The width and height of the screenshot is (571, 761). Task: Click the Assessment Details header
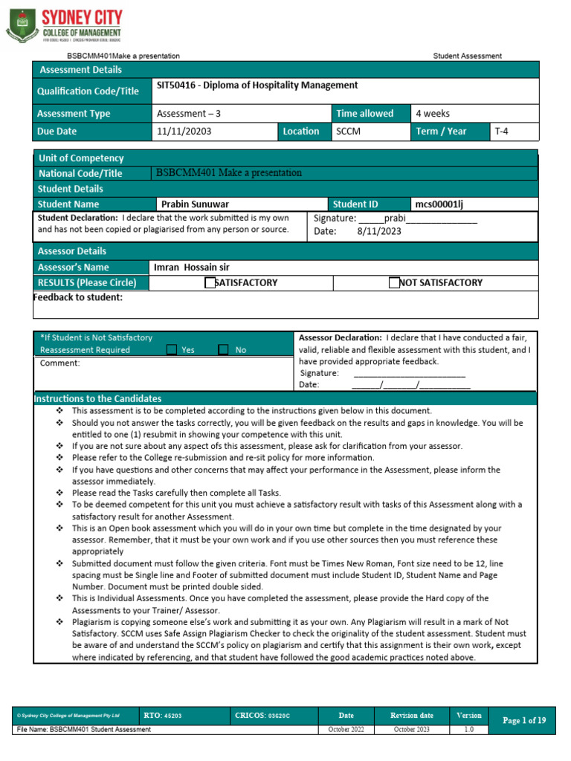click(80, 70)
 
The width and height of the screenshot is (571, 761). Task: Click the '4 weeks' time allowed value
click(432, 114)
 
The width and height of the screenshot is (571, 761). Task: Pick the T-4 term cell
click(502, 132)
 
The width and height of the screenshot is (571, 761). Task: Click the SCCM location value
click(348, 132)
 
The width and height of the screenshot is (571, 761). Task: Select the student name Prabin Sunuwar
click(195, 204)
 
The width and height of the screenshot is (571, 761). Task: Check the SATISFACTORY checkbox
click(210, 282)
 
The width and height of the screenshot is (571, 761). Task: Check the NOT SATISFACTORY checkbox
click(394, 282)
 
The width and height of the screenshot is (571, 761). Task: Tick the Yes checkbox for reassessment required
click(172, 350)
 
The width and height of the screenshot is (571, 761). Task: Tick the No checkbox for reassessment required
click(223, 350)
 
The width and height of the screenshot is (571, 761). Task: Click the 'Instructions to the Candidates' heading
click(97, 399)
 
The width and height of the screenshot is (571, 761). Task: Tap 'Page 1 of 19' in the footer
click(524, 720)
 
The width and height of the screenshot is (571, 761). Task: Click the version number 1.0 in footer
click(468, 730)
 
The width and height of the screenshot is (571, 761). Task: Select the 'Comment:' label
click(59, 363)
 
